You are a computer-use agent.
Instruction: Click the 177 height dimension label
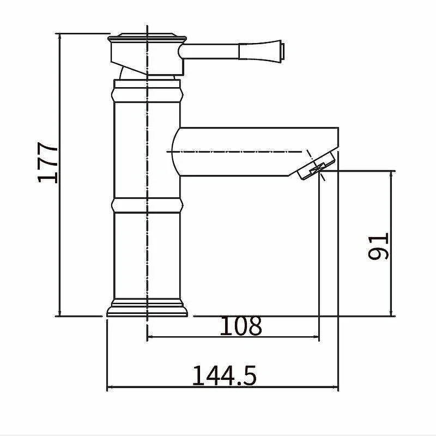(47, 162)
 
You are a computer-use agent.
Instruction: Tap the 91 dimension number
(378, 246)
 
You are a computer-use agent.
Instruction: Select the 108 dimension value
(241, 325)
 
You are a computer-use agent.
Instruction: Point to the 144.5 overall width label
(225, 376)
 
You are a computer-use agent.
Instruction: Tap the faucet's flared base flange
(147, 308)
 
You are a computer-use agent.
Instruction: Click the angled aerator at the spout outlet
(316, 166)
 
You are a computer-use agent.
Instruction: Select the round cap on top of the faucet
(147, 36)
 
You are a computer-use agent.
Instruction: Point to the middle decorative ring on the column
(147, 205)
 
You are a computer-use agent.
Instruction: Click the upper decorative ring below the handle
(147, 95)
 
